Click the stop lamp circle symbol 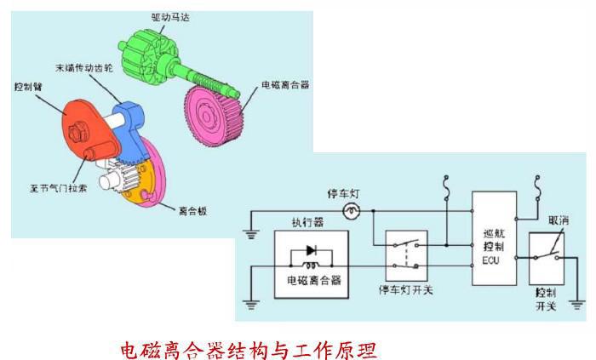tap(349, 210)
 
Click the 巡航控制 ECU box tap(495, 237)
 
